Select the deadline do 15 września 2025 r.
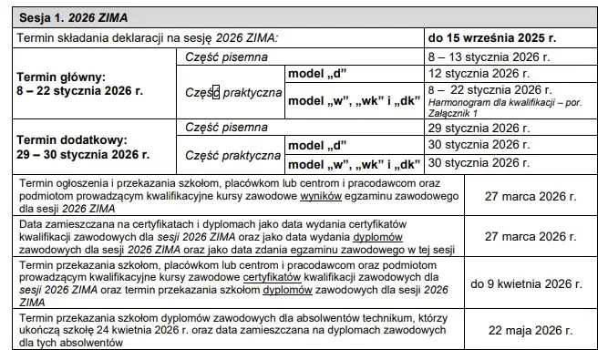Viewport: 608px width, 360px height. (492, 37)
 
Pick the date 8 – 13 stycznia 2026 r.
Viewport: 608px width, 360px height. (483, 56)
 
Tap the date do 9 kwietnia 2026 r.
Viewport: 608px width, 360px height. (525, 283)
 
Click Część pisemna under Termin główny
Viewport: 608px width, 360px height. (226, 56)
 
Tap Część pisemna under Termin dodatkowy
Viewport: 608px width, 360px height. (226, 129)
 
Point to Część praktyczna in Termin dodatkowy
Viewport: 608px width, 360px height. (232, 155)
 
